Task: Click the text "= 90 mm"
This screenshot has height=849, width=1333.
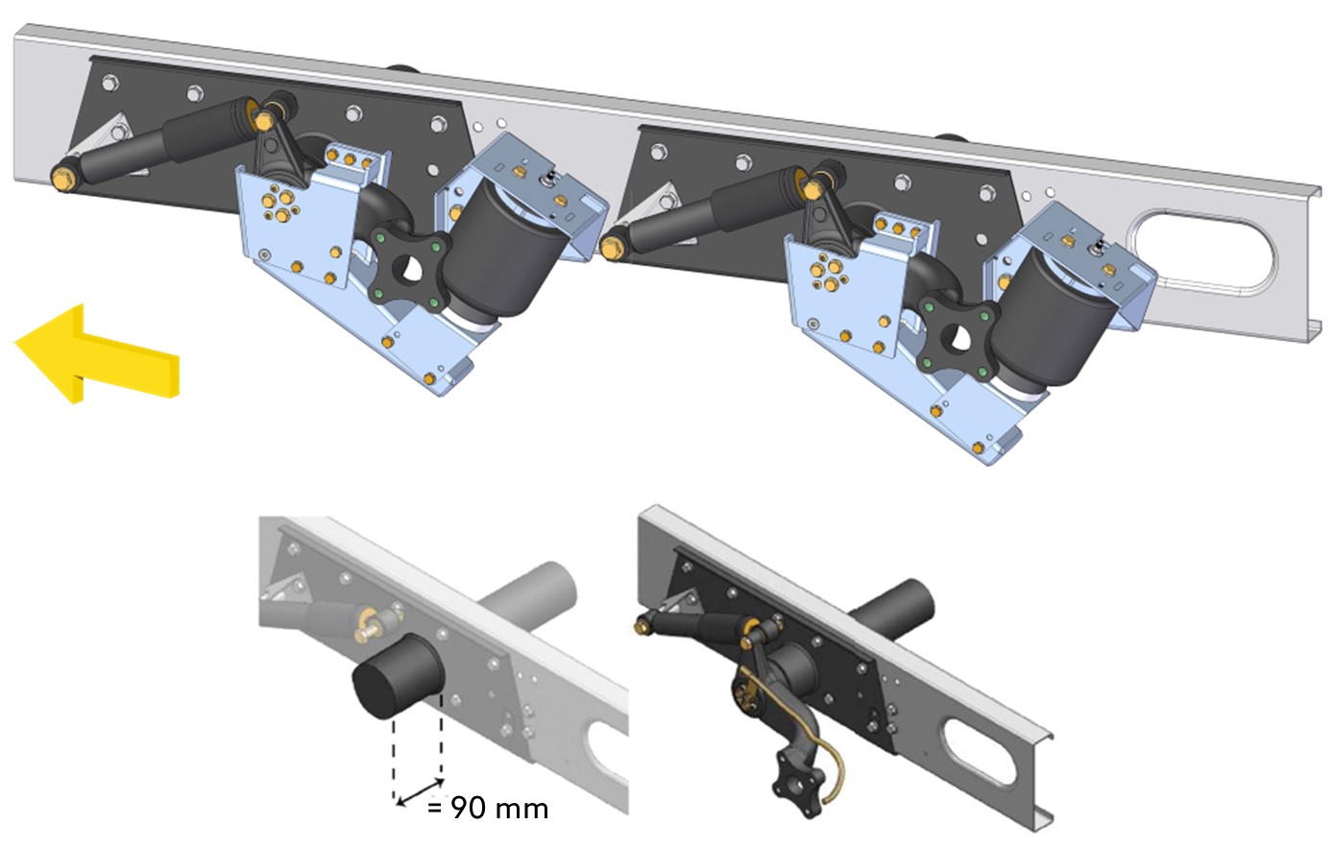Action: point(487,809)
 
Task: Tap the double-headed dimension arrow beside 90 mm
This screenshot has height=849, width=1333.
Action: point(420,792)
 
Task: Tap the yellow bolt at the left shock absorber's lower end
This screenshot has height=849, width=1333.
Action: point(61,179)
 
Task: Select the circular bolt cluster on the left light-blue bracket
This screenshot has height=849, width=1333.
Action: point(279,202)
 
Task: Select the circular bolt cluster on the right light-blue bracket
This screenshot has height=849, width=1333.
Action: point(829,271)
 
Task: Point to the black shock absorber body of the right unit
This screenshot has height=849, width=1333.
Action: point(715,209)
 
